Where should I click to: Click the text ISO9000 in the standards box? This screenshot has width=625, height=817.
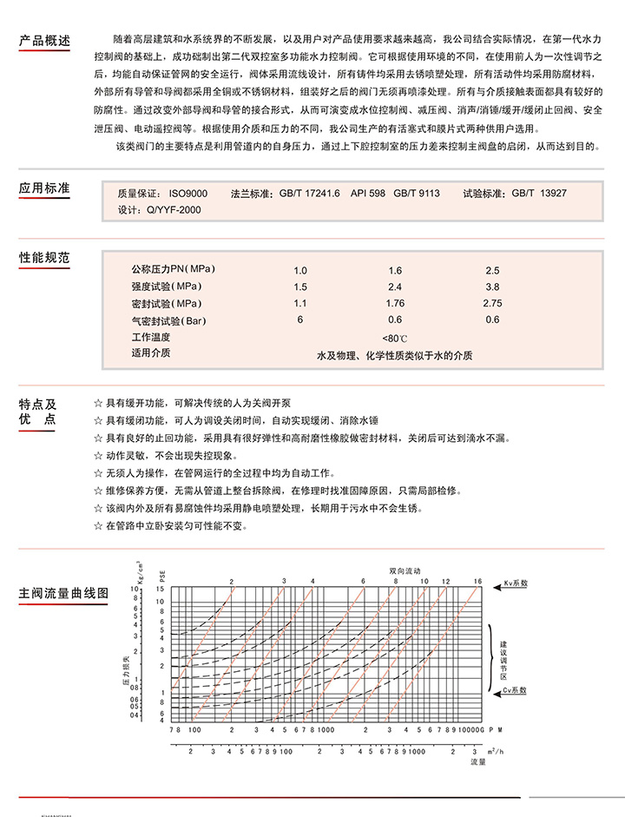point(187,194)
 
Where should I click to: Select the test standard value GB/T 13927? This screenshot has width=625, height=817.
point(538,194)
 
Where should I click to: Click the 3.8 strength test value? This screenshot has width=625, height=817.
point(492,287)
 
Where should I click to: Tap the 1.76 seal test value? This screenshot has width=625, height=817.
point(395,303)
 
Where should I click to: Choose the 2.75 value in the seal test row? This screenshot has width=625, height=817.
point(492,303)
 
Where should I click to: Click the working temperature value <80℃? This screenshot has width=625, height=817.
point(395,337)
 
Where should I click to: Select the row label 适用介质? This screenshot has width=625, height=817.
point(150,353)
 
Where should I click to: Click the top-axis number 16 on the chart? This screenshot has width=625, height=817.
point(477,579)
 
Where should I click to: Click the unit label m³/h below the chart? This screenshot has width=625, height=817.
point(492,749)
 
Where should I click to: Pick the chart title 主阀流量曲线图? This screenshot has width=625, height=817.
point(63,594)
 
